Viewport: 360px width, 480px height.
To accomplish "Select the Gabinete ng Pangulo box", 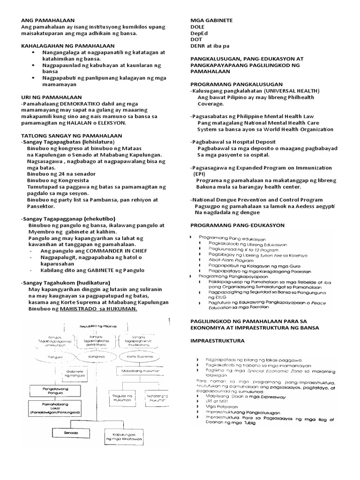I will pos(46,374).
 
